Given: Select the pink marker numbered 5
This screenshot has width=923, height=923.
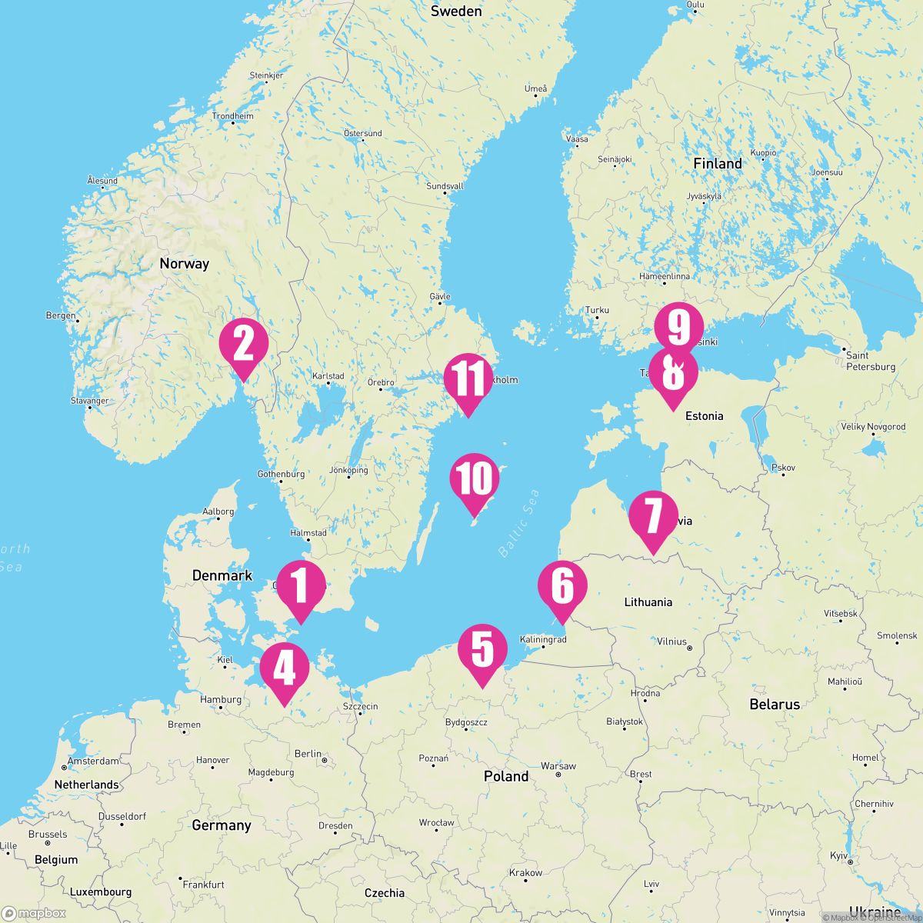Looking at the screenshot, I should click(x=482, y=649).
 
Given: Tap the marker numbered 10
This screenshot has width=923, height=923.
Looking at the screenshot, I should click(x=475, y=478).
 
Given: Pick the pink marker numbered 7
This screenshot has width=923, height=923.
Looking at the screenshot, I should click(x=653, y=516).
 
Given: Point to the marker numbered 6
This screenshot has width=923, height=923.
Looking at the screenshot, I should click(x=562, y=587).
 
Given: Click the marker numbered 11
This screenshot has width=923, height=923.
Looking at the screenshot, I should click(x=468, y=379).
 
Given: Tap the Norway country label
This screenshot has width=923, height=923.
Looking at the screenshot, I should click(x=184, y=264).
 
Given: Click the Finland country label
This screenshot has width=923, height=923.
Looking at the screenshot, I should click(x=717, y=164).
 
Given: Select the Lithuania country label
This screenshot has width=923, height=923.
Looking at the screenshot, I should click(x=648, y=602).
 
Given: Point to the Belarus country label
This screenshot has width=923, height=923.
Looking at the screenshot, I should click(x=775, y=705).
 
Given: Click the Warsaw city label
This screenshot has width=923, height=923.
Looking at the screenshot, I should click(x=558, y=766).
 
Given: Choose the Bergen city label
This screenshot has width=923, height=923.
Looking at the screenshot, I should click(x=61, y=315).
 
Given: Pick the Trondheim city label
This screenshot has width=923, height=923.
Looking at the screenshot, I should click(x=232, y=116).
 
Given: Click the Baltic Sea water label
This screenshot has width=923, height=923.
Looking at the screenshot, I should click(x=518, y=523).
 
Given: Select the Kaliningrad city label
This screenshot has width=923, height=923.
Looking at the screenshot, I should click(x=543, y=639).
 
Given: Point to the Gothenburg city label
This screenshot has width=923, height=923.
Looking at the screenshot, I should click(x=281, y=475).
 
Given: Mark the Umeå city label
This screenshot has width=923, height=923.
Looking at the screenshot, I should click(x=536, y=89).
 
